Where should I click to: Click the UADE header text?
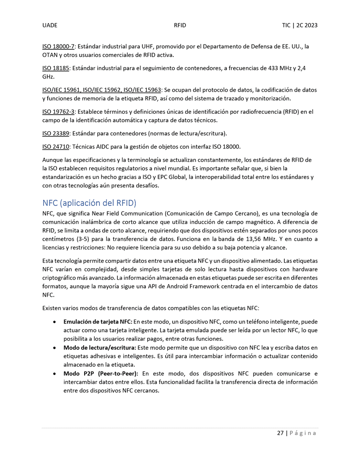(50, 26)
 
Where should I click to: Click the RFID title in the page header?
(180, 26)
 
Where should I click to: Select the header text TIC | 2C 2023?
(300, 26)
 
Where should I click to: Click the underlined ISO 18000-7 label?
(59, 46)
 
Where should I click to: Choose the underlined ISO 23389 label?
(55, 133)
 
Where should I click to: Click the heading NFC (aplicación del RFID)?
(89, 203)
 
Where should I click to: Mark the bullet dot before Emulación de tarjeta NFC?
(54, 322)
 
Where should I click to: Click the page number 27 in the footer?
(280, 433)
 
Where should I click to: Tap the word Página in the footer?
(303, 433)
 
